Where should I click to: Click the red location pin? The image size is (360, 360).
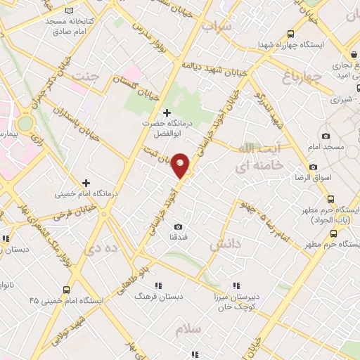[181, 165]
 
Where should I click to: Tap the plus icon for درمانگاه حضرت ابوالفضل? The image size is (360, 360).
[167, 112]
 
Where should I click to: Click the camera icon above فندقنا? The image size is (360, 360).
[178, 226]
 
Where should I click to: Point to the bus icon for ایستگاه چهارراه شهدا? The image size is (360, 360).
[290, 34]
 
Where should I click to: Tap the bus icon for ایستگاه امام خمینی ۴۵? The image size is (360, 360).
[67, 289]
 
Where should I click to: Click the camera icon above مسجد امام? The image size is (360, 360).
[325, 136]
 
